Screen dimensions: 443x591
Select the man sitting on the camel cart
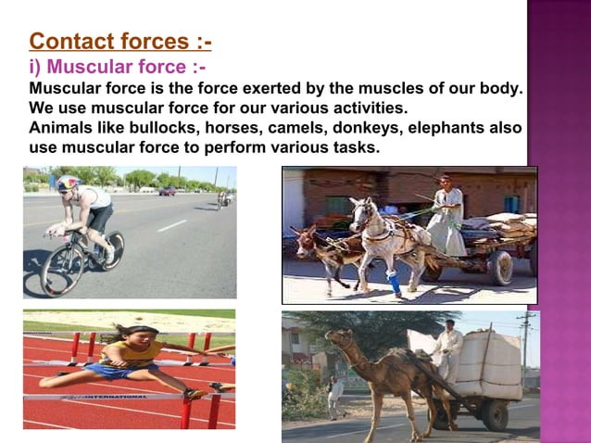pos(448,347)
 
